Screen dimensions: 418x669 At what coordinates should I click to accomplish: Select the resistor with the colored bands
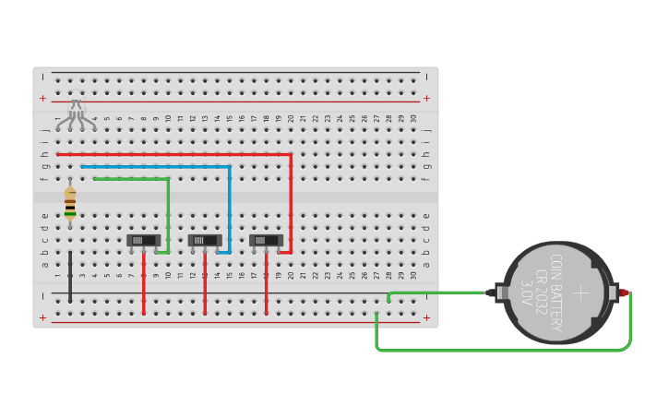(70, 203)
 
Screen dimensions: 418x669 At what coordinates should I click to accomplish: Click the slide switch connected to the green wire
(143, 240)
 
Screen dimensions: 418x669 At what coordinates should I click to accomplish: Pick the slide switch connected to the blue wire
(205, 240)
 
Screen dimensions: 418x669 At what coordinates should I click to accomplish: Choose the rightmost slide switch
(266, 240)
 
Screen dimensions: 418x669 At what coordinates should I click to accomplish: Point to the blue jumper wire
(229, 198)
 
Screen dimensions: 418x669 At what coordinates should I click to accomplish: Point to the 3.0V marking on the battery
(527, 293)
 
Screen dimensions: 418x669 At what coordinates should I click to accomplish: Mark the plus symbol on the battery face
(580, 293)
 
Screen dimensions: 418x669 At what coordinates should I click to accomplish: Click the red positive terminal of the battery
(625, 293)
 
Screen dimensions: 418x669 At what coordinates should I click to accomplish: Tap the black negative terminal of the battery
(489, 293)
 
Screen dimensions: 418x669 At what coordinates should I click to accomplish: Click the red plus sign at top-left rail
(42, 98)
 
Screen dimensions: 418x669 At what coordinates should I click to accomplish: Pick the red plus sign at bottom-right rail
(426, 317)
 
